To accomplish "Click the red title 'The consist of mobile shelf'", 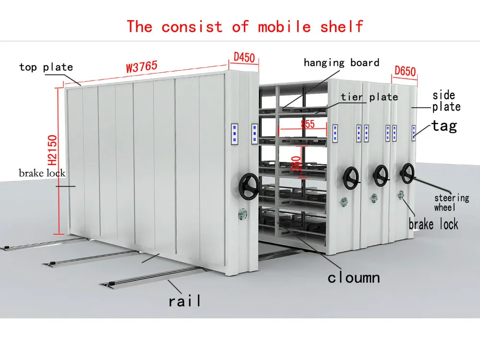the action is [x=245, y=26].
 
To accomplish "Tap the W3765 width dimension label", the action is [x=142, y=66].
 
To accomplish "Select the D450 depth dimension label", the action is [x=244, y=57].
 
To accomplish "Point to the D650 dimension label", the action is [x=405, y=71].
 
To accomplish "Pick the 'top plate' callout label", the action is [x=46, y=67].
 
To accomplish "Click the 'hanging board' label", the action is [x=341, y=62].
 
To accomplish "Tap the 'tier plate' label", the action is [x=369, y=97].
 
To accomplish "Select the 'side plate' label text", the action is [x=446, y=101].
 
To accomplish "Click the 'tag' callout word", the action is [x=444, y=126].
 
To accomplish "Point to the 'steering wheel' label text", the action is [x=451, y=202].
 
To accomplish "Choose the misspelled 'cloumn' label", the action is [x=353, y=277].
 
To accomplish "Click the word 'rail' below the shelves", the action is [x=185, y=301].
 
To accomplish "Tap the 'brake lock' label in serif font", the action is [x=42, y=173].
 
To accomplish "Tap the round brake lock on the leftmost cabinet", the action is [x=243, y=211].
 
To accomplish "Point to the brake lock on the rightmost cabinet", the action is [x=400, y=194].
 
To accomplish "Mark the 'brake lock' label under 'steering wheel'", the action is [x=433, y=224].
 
